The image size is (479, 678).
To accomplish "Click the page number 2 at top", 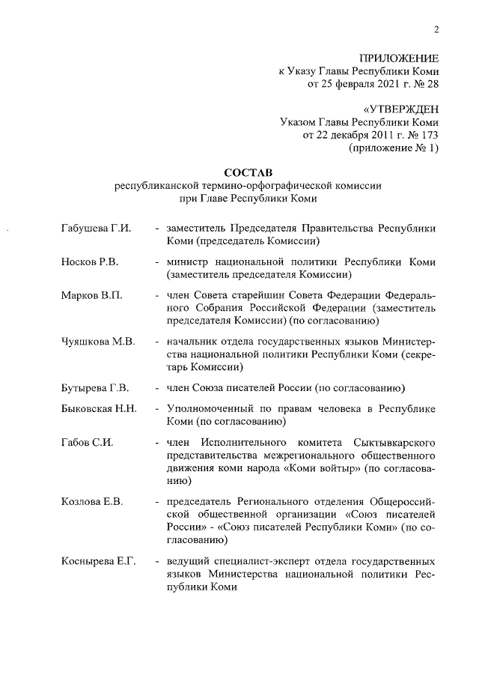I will point(435,30).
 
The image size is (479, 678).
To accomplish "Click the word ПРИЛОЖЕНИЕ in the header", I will point(399,58).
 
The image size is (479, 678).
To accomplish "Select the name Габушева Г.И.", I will point(96,228).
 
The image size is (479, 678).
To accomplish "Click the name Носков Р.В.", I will point(89,263).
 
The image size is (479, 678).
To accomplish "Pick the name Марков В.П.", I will point(91,297).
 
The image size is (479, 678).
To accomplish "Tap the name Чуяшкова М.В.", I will point(98,342).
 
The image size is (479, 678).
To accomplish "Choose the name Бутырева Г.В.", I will point(95,388).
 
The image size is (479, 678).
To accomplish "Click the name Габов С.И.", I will point(87,444).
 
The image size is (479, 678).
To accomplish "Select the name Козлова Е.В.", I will point(91,500).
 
